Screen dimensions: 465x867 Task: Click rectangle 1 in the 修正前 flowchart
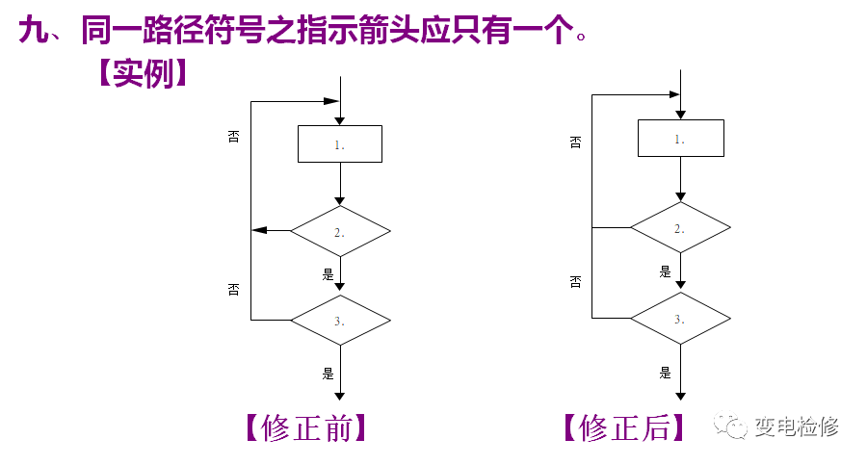pos(340,143)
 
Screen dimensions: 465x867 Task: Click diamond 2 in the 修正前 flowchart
pos(340,231)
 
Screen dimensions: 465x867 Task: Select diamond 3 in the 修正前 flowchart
pos(340,320)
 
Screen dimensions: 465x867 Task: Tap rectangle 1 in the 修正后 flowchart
pos(680,138)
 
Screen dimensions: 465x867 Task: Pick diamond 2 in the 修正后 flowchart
pos(680,228)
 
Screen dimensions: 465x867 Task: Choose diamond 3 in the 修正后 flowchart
pos(680,318)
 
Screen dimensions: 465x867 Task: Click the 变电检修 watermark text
pos(797,425)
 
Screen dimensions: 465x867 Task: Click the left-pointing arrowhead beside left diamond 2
pos(257,231)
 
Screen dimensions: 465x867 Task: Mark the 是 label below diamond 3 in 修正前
pos(328,372)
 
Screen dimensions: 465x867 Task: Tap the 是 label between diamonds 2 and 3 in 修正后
pos(665,271)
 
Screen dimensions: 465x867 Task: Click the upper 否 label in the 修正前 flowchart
pos(233,136)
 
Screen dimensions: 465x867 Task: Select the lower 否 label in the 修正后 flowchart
pos(575,281)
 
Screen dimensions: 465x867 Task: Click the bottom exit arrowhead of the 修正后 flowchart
pos(680,396)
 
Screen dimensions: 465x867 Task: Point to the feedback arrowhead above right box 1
pos(673,94)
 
